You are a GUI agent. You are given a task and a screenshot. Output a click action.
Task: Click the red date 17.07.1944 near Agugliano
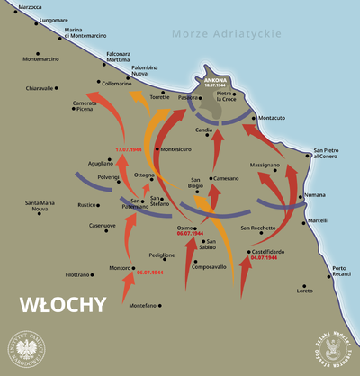coord(129,148)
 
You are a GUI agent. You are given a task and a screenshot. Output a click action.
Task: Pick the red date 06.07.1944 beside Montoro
coord(150,272)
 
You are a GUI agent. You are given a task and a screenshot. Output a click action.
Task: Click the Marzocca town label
coord(24,7)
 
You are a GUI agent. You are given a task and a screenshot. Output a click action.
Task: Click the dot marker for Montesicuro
coord(157,149)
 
